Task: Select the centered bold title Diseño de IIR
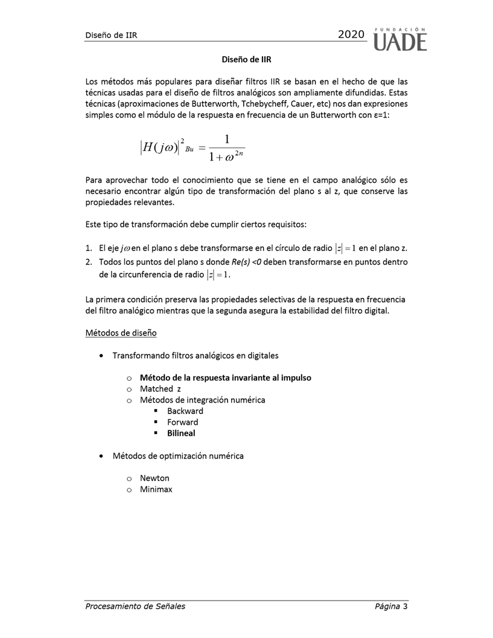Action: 246,59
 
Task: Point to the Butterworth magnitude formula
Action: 191,148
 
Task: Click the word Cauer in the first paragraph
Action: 304,104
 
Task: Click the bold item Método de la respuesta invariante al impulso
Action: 225,377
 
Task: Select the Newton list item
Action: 154,478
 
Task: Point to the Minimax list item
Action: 156,489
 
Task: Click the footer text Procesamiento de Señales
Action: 135,606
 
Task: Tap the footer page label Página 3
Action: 390,606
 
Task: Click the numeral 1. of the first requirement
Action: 88,249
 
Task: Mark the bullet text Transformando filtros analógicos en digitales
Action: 195,355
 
